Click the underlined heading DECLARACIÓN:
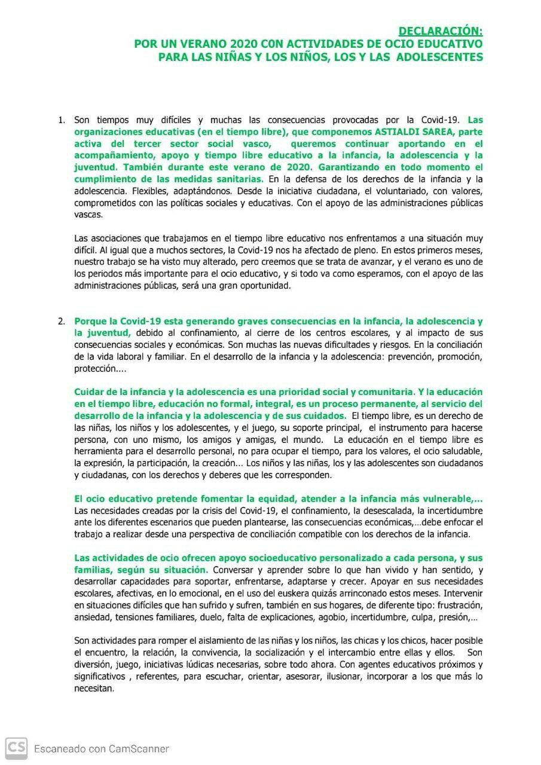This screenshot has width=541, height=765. point(441,30)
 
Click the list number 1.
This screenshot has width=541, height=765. point(61,120)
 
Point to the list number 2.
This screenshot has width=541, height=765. point(61,321)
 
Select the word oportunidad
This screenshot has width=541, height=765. point(264,286)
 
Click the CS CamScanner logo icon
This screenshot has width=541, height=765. point(17,748)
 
